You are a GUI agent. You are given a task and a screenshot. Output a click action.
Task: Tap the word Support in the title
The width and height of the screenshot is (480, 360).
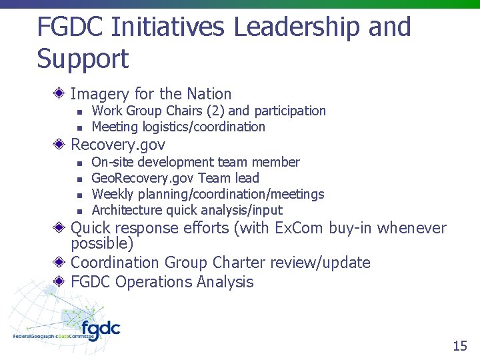tap(83, 59)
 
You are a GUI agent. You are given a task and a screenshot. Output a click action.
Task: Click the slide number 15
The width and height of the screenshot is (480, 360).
tap(460, 345)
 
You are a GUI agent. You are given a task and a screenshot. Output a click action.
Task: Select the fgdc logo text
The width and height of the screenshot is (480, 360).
tap(101, 328)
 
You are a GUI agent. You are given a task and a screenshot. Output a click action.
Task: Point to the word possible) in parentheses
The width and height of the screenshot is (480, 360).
tap(102, 244)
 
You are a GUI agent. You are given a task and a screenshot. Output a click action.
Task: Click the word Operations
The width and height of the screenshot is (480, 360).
tap(153, 282)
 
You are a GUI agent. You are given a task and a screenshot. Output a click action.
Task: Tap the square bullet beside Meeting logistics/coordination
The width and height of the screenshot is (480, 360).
tap(78, 127)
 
